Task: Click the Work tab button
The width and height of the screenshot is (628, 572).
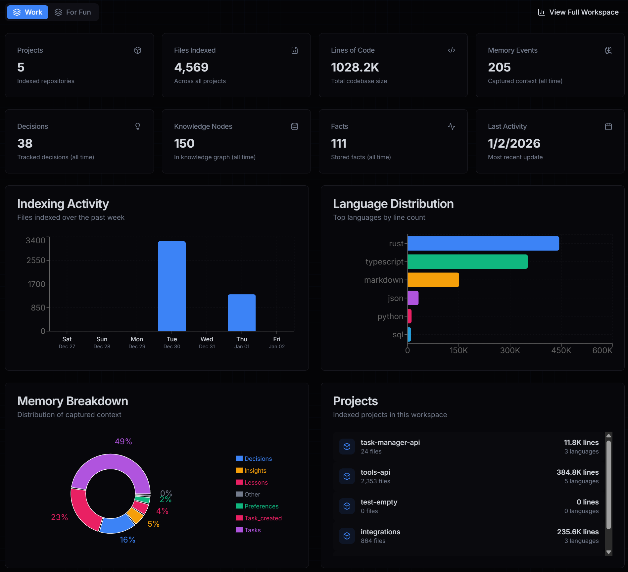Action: tap(28, 12)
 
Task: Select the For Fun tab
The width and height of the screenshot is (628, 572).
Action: tap(73, 12)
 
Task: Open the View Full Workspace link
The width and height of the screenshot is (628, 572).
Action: tap(578, 12)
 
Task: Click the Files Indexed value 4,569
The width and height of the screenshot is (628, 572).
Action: tap(191, 68)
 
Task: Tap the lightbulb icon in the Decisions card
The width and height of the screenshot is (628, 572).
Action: tap(138, 126)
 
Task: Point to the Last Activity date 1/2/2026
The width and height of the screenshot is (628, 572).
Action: tap(514, 144)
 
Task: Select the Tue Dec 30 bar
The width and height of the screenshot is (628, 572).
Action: tap(172, 286)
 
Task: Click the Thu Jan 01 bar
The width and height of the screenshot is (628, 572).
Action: tap(242, 312)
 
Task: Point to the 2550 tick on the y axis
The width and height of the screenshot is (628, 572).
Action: tap(36, 261)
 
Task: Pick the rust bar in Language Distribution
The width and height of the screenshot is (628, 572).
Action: tap(483, 243)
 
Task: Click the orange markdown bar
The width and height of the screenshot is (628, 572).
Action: tap(433, 280)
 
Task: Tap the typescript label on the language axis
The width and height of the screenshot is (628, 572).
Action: tap(384, 262)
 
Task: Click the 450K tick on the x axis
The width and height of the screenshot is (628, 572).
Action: tap(561, 351)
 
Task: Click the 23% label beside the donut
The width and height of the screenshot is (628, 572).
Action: tap(60, 517)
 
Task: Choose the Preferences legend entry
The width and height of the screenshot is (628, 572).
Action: tap(261, 506)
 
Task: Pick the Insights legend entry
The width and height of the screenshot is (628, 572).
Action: tap(255, 471)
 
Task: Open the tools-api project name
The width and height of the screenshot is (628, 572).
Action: tap(375, 472)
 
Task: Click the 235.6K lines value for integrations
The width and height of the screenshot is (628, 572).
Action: tap(578, 532)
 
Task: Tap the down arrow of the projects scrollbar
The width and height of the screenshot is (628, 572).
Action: tap(608, 552)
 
